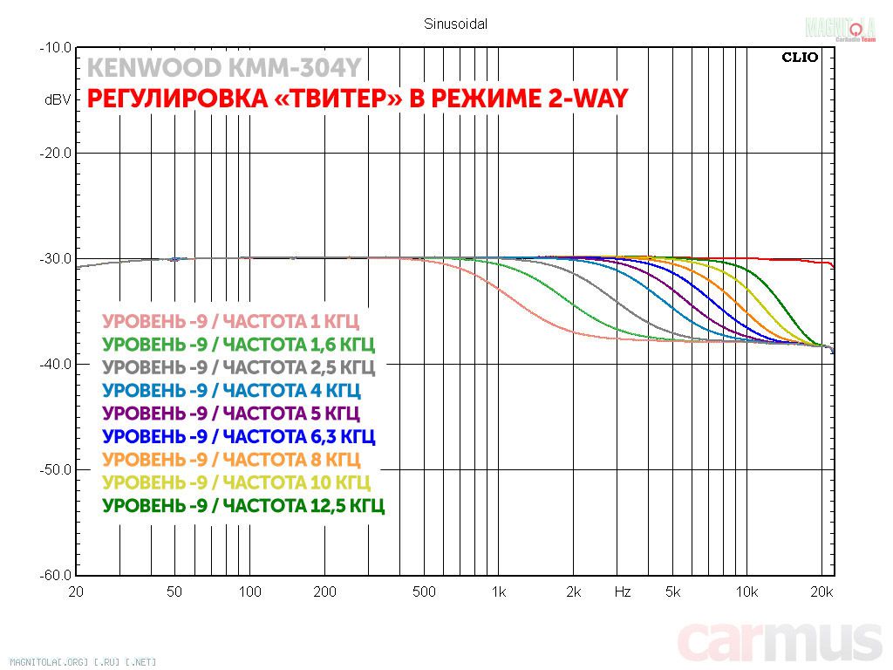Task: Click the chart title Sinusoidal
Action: pos(455,24)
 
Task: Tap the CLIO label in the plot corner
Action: pos(800,58)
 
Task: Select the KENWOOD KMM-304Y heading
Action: pos(224,68)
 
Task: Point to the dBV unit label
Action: pos(58,100)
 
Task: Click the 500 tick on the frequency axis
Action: pos(424,592)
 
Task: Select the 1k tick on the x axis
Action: pos(498,592)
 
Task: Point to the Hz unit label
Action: pos(622,592)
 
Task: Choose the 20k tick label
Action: pos(821,592)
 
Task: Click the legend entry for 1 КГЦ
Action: pos(230,320)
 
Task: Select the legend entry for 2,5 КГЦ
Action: pos(238,366)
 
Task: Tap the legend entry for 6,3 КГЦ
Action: pos(239,435)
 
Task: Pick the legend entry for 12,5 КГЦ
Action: pos(243,505)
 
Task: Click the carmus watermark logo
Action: pos(780,644)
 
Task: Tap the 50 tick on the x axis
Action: pos(175,592)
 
